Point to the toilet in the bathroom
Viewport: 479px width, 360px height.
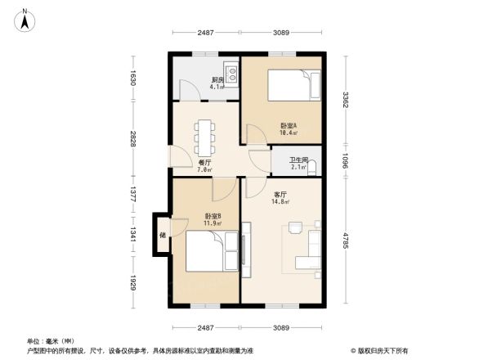pos(313,169)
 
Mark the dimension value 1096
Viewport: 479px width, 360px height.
pos(347,160)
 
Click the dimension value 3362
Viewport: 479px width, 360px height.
pos(347,100)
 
